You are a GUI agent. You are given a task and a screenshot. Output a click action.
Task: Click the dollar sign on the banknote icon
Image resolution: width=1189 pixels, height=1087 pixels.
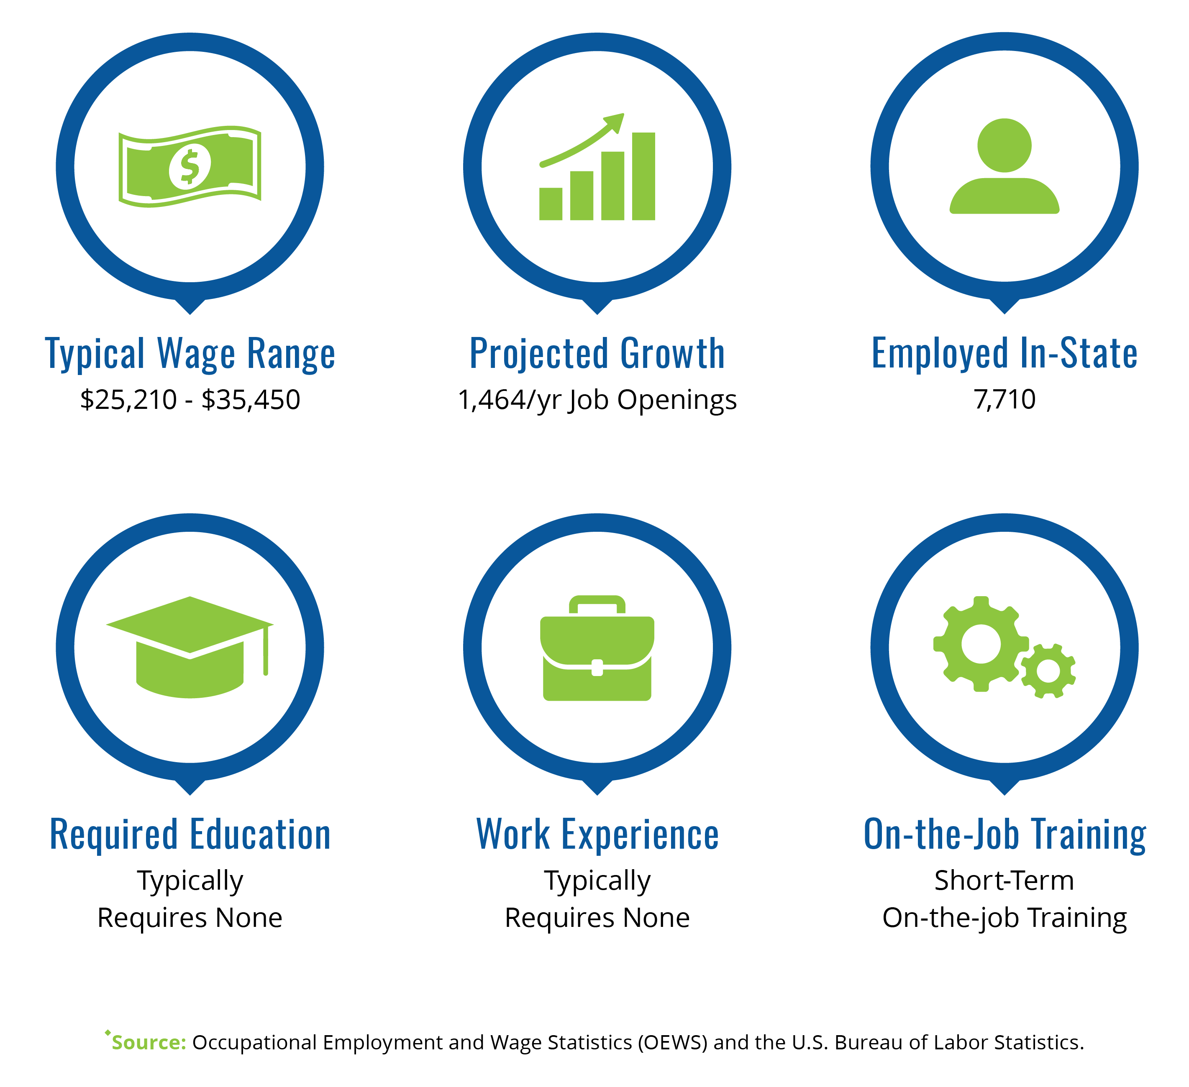pyautogui.click(x=190, y=167)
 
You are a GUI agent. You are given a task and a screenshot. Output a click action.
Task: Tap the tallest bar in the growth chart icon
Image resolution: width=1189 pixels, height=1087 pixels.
pyautogui.click(x=643, y=176)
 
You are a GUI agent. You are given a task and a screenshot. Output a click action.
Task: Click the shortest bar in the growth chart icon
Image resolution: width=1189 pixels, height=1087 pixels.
pyautogui.click(x=551, y=204)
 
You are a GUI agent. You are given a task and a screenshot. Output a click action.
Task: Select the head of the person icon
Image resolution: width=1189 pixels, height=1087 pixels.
pyautogui.click(x=1004, y=145)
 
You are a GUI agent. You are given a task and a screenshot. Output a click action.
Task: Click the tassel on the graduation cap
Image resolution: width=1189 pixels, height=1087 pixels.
pyautogui.click(x=266, y=650)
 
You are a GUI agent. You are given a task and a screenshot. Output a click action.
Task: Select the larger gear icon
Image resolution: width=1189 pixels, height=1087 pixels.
pyautogui.click(x=981, y=644)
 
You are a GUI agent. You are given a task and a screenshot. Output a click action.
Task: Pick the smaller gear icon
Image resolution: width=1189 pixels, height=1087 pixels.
pyautogui.click(x=1048, y=671)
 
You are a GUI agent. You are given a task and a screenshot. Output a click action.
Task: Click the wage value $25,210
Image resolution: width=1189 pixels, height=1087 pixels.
pyautogui.click(x=128, y=400)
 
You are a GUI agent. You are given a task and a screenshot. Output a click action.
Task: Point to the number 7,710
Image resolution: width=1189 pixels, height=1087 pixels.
pyautogui.click(x=1004, y=400)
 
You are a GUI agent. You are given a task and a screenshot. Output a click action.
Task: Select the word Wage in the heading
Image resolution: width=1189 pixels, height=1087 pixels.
pyautogui.click(x=196, y=354)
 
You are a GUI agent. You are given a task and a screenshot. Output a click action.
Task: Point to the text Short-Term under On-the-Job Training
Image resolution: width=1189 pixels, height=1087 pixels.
pyautogui.click(x=1004, y=881)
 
